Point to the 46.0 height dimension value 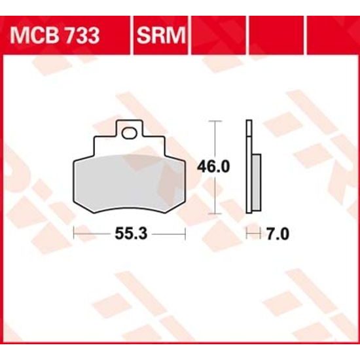pyautogui.click(x=214, y=167)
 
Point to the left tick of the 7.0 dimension pyautogui.click(x=245, y=233)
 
